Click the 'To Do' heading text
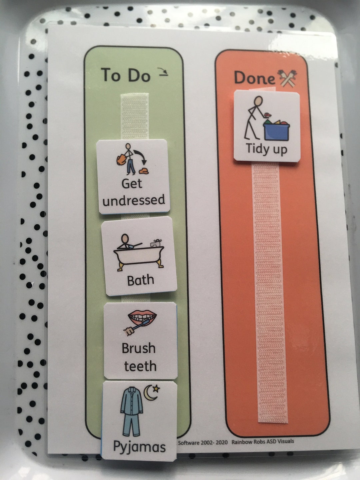(x=125, y=75)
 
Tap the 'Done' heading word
(x=254, y=78)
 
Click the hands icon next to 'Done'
(x=287, y=78)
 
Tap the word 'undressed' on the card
(x=134, y=200)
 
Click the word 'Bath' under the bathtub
(x=140, y=280)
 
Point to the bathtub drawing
(x=139, y=253)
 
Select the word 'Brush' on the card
(x=139, y=348)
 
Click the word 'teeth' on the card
(x=140, y=366)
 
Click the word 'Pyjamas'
(x=139, y=447)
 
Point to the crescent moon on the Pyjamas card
(x=151, y=392)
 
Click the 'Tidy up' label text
(x=266, y=149)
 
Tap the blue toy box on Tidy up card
(x=276, y=130)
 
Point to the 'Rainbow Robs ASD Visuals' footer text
(x=263, y=442)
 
